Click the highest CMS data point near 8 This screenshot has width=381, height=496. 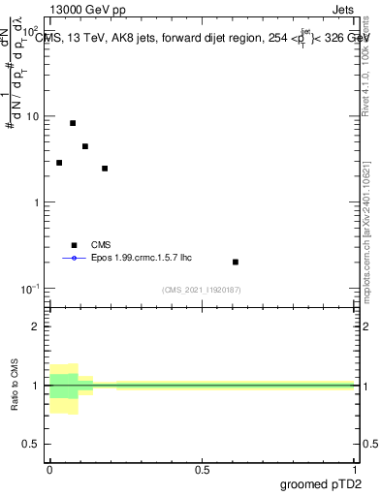[x=73, y=123]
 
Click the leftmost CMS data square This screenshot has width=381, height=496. [x=59, y=163]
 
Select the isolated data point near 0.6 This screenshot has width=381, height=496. [x=236, y=262]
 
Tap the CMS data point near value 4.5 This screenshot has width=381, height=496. [x=85, y=146]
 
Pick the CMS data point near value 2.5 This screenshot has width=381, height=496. [x=105, y=169]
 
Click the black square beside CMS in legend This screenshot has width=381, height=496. [x=74, y=245]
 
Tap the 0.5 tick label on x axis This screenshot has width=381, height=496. [x=202, y=469]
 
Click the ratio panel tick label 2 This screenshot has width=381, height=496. [x=35, y=326]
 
